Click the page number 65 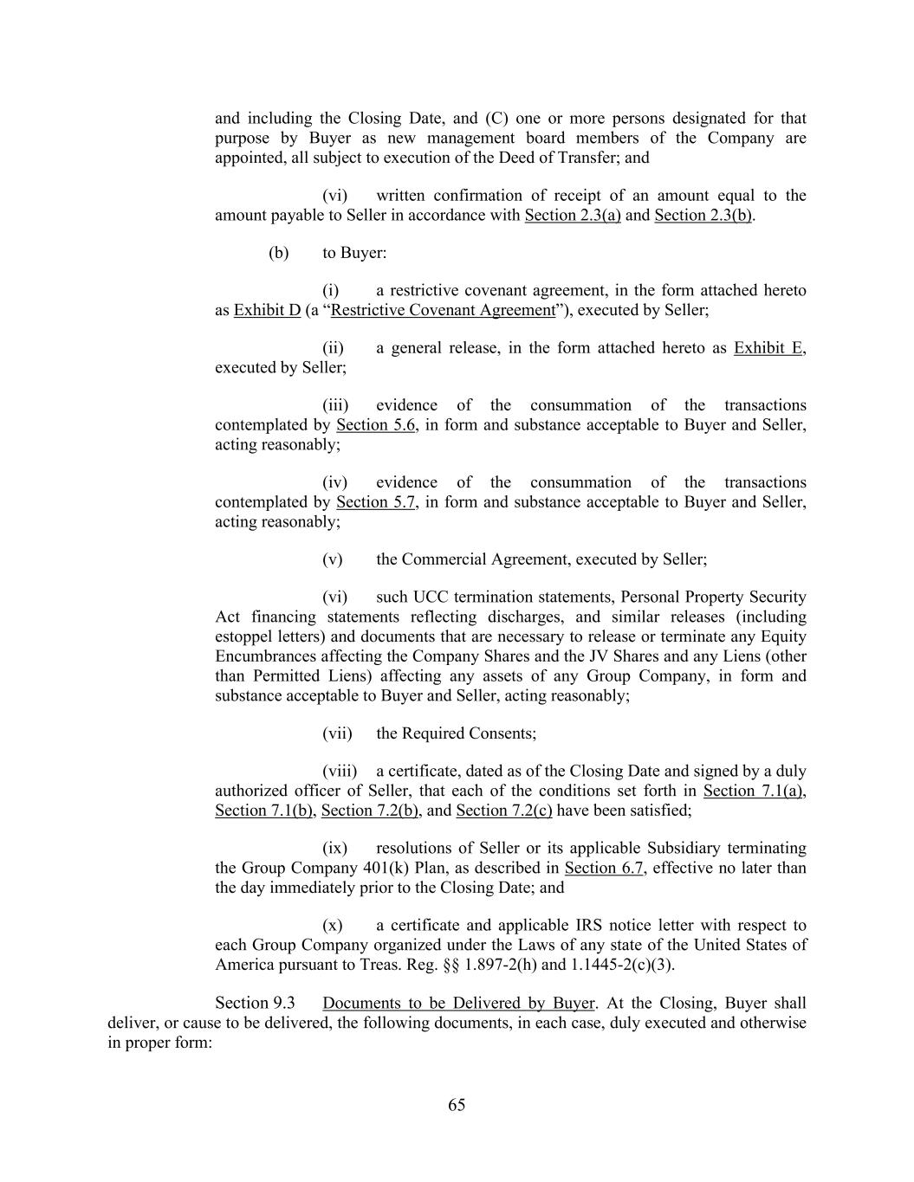click(457, 1104)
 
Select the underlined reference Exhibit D click(267, 310)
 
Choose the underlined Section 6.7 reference click(604, 868)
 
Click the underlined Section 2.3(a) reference click(573, 215)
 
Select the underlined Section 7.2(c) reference click(503, 811)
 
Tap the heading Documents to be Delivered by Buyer click(458, 1003)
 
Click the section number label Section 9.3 click(255, 1003)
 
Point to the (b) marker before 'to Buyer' click(278, 253)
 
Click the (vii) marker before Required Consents click(337, 733)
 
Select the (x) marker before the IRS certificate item click(333, 926)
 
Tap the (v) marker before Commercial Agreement click(333, 559)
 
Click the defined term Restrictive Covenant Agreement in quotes click(443, 310)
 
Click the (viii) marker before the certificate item click(340, 772)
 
